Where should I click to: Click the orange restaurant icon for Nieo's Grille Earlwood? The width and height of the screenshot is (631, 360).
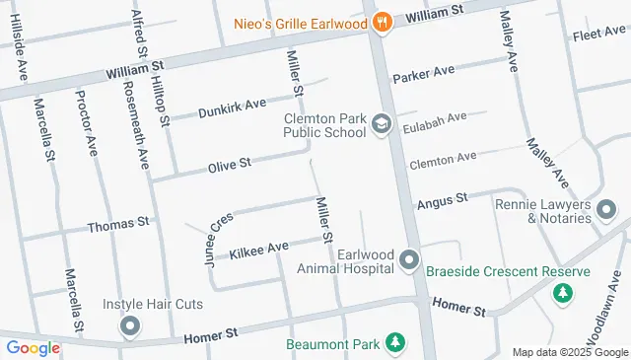[384, 21]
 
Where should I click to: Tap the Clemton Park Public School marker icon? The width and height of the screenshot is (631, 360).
[382, 125]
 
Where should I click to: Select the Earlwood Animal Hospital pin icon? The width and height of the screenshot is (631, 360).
[409, 261]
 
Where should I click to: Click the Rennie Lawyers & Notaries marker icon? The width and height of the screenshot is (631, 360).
[606, 208]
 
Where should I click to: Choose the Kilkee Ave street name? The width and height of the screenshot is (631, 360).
[258, 249]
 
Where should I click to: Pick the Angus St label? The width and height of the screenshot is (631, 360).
[441, 200]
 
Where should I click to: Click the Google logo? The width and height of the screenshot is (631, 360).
[33, 347]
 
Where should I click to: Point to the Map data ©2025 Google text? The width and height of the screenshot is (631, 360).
[570, 352]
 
